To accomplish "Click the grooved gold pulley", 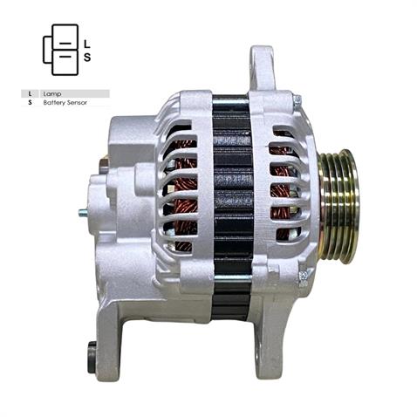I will click(x=337, y=206).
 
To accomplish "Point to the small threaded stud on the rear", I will click(x=82, y=212).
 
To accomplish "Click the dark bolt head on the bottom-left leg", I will click(x=92, y=355).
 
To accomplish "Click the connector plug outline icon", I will click(x=60, y=49).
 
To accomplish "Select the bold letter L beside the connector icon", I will click(x=86, y=42).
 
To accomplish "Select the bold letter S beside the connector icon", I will click(x=86, y=58).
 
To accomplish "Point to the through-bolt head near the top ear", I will click(x=297, y=102).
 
